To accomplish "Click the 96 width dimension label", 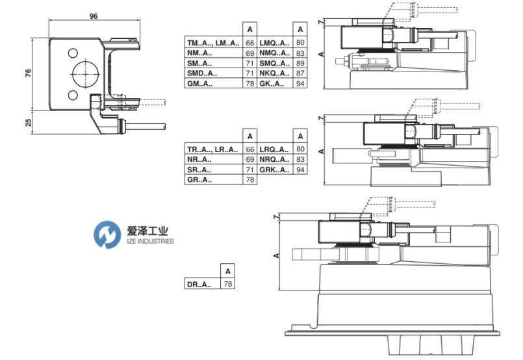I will [94, 16].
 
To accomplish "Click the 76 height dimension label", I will [28, 73].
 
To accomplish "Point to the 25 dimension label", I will [28, 123].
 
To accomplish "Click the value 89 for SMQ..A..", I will [300, 63].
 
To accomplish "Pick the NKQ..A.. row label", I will [274, 73].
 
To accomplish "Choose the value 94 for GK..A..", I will [300, 84].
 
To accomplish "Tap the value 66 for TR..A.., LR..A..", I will [249, 149].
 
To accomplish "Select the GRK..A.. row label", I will [274, 170].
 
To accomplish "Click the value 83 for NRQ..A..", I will [300, 159].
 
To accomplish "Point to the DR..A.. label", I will [198, 284].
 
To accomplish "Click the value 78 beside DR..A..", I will [227, 284].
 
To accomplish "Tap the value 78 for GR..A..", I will [249, 180].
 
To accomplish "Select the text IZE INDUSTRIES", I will [149, 241].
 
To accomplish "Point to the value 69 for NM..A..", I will [249, 53].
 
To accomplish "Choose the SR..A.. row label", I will [198, 170].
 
